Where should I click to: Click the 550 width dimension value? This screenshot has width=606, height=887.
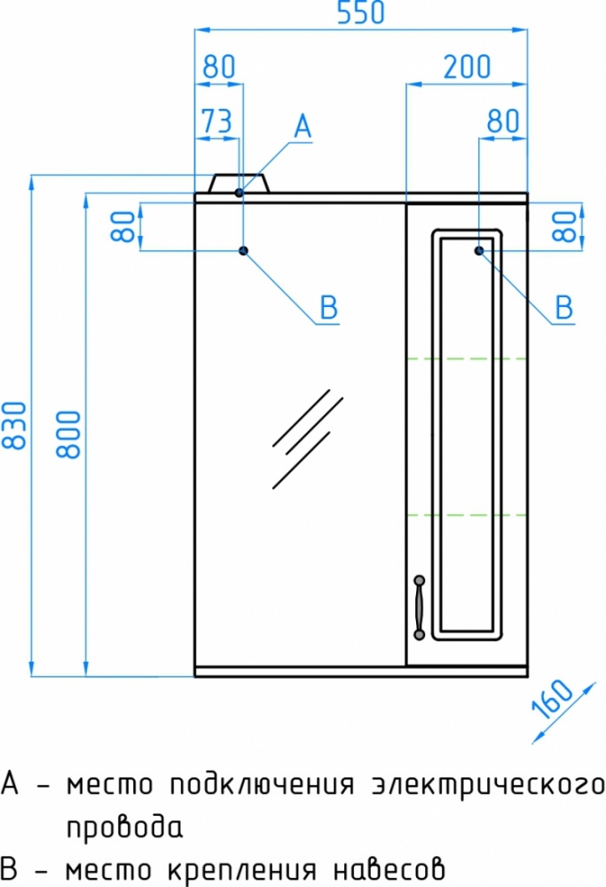(x=360, y=12)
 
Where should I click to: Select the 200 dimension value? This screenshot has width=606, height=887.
(x=467, y=67)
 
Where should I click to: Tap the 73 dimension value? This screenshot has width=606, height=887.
(x=217, y=121)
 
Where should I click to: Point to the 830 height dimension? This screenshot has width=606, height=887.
(x=14, y=426)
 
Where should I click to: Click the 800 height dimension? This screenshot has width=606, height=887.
(x=69, y=434)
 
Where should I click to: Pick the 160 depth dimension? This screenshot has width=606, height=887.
(x=553, y=698)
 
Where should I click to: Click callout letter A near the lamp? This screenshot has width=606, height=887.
(x=303, y=126)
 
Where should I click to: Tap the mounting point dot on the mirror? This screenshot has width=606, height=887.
(x=244, y=251)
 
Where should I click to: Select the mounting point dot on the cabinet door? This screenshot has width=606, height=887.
(x=479, y=251)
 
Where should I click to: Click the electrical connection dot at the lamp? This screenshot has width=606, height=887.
(x=239, y=192)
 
